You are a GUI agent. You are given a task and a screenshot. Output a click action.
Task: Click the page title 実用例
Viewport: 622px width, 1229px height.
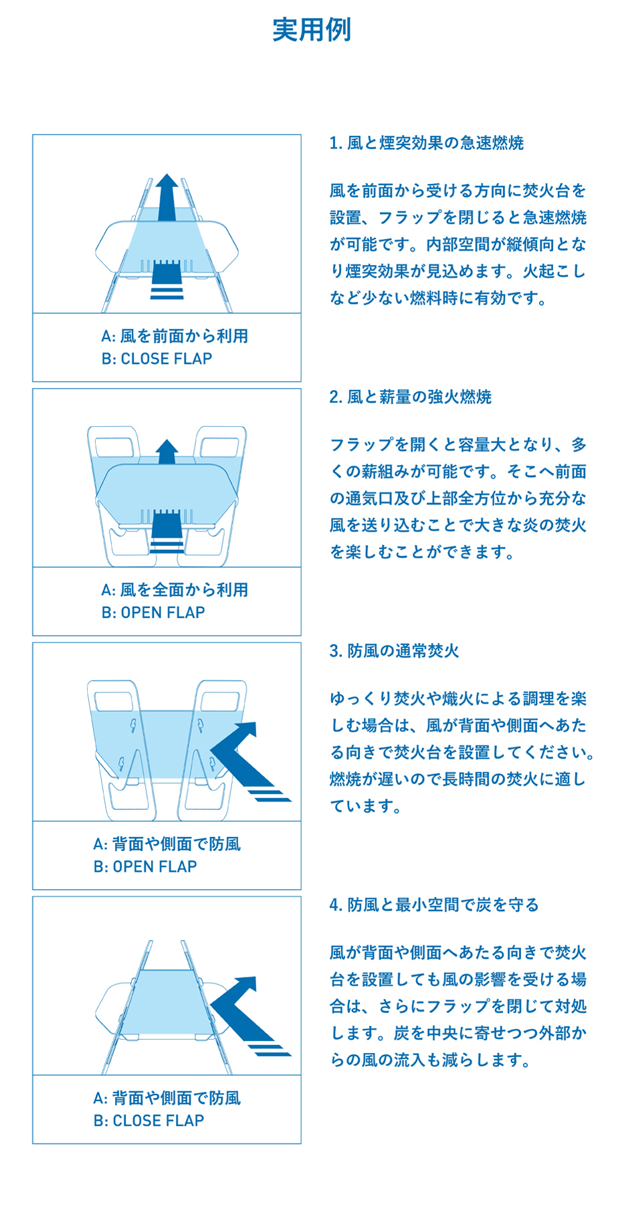click(x=312, y=29)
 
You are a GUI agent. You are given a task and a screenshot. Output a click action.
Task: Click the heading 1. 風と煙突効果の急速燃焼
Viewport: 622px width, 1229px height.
click(x=427, y=143)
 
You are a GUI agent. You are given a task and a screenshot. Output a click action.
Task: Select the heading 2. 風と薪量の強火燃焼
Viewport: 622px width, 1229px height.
click(x=411, y=397)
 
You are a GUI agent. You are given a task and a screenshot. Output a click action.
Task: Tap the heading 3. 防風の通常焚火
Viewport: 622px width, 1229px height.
click(x=394, y=651)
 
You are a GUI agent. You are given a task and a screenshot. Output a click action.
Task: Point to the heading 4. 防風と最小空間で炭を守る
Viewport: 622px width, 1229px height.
click(x=434, y=905)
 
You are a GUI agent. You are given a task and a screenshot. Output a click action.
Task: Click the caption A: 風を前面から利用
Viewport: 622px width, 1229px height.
click(x=175, y=336)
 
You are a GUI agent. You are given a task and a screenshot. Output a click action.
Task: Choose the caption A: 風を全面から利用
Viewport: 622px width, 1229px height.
click(x=175, y=590)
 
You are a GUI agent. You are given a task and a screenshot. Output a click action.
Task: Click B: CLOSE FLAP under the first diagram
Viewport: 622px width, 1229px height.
click(x=157, y=359)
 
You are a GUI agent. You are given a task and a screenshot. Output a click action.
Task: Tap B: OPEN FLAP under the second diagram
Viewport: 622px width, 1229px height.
click(x=153, y=612)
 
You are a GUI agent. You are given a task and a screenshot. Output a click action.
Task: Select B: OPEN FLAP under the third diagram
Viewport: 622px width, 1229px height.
click(x=145, y=866)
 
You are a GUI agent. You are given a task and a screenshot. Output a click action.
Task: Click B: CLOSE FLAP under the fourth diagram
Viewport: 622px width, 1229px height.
click(x=149, y=1121)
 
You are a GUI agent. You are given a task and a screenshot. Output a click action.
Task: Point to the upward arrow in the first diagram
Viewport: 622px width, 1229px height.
click(x=167, y=198)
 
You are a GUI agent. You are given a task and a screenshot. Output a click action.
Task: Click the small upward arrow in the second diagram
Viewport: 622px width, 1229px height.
click(x=167, y=452)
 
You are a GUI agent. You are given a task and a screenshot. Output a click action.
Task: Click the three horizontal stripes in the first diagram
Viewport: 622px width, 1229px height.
click(x=167, y=290)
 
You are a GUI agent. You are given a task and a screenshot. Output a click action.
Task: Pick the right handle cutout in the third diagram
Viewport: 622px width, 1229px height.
click(x=220, y=701)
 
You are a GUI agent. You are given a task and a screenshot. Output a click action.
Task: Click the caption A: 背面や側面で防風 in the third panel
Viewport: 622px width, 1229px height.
click(x=167, y=844)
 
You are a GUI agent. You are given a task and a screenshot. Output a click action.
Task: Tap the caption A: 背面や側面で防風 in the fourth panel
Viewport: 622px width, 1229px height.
click(x=167, y=1099)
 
